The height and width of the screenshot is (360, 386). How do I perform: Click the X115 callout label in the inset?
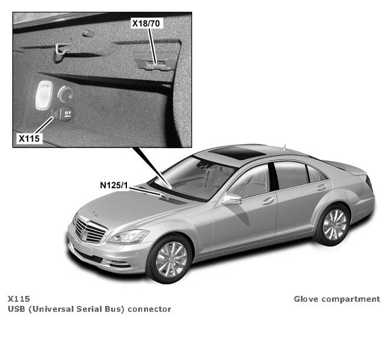(x=29, y=138)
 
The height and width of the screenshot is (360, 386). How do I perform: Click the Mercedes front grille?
(x=89, y=230)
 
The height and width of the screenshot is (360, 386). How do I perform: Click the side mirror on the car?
(x=230, y=199)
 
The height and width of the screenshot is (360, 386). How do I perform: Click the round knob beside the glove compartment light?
(x=66, y=94)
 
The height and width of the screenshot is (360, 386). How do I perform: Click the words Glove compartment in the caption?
(x=337, y=299)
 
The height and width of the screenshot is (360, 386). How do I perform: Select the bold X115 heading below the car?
(x=19, y=299)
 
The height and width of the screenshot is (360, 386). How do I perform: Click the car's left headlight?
(x=127, y=237)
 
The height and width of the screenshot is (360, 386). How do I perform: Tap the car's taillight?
(x=370, y=186)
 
